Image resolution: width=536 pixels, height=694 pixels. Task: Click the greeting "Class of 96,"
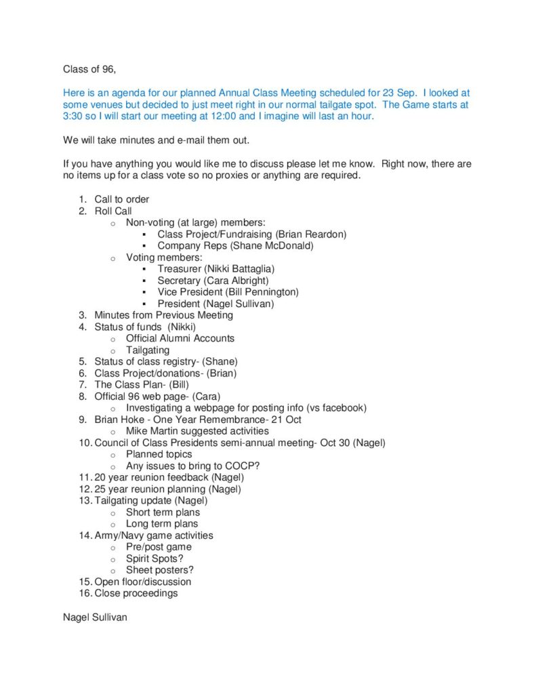click(89, 68)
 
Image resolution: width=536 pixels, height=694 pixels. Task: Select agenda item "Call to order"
click(122, 199)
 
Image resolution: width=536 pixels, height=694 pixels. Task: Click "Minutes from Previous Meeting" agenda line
click(164, 315)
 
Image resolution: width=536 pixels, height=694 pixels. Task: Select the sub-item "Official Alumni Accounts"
click(180, 338)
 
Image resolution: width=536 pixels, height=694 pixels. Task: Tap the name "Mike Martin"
click(151, 431)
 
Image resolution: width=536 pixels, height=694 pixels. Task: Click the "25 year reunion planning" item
click(150, 489)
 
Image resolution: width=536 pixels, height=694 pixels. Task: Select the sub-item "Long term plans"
click(162, 524)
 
